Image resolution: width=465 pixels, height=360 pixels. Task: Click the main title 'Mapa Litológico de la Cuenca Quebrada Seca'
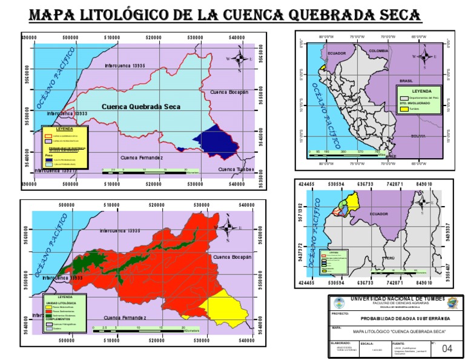(225, 15)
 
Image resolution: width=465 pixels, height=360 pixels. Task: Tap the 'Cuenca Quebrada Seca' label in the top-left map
(140, 107)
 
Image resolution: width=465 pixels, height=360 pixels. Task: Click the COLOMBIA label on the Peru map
(378, 51)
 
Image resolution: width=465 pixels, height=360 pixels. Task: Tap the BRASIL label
(406, 81)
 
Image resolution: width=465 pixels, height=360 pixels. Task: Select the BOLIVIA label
(418, 136)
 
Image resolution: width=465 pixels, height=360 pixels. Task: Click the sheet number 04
(447, 348)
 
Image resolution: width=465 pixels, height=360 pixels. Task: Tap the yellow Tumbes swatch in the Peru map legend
(404, 110)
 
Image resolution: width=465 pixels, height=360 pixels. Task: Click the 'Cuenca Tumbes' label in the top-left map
(234, 169)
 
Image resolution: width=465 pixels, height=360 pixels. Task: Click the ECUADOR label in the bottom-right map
(379, 214)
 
